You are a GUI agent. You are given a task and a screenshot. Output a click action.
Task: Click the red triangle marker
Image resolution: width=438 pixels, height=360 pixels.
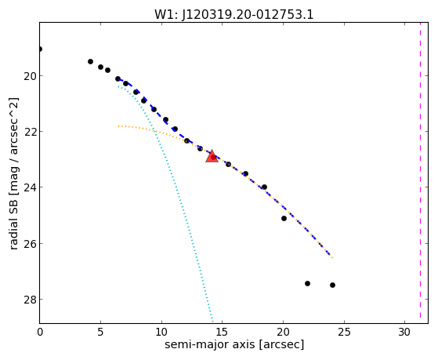point(212,157)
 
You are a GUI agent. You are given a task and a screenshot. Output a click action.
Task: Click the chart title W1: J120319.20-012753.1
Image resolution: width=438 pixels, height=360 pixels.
point(234,14)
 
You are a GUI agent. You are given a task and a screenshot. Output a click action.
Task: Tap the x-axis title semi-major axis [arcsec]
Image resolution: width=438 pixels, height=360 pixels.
point(234,344)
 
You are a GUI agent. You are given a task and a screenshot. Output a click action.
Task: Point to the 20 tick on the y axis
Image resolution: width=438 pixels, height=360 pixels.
point(30,76)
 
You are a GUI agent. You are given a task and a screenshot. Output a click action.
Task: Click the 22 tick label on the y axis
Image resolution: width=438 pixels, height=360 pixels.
point(30,131)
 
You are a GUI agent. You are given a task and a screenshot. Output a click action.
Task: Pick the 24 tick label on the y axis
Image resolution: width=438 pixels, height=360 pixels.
point(30,187)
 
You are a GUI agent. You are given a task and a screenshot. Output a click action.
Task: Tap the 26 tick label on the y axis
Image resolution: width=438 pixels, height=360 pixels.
point(30,243)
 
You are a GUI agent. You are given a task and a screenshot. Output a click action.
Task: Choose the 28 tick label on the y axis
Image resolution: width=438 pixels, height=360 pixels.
point(30,300)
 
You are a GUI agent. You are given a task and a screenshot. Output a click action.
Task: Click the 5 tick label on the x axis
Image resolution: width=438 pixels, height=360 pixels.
point(100,332)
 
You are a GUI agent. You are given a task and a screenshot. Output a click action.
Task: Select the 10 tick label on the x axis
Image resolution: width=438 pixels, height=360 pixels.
point(161,332)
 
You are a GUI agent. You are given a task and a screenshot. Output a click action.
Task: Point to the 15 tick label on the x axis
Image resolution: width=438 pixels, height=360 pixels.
point(222,332)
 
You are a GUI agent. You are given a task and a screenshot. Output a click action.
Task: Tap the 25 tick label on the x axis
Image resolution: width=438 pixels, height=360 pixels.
point(344,332)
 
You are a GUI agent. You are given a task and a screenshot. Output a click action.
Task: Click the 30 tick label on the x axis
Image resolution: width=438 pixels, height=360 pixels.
point(405,332)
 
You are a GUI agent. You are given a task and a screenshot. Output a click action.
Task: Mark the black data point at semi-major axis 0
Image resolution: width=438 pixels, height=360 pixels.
point(40,49)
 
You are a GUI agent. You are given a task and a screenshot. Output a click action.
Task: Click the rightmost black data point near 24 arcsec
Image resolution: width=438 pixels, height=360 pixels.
point(332,285)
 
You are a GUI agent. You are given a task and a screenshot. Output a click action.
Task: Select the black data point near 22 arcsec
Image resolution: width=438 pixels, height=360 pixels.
point(308,283)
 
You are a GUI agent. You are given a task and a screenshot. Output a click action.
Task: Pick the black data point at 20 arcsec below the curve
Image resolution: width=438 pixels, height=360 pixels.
point(284,219)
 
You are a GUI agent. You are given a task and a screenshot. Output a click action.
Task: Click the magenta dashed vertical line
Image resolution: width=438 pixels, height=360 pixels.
point(420,173)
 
